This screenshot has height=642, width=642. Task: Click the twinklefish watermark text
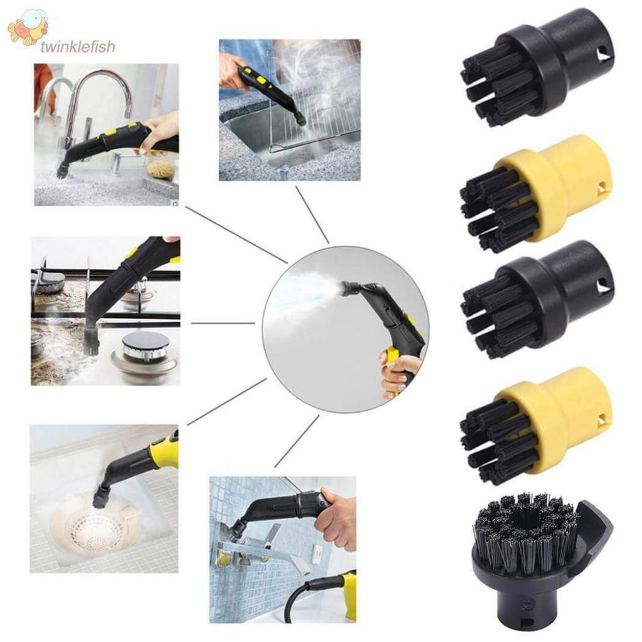[x=78, y=46]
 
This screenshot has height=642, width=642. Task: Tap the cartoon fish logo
[x=28, y=27]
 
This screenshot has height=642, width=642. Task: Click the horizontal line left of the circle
[x=223, y=324]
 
